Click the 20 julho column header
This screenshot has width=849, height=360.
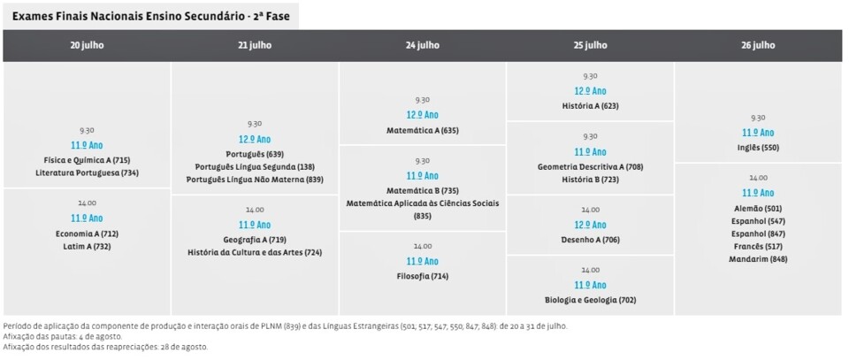(x=87, y=45)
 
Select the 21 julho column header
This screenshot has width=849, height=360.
(x=255, y=45)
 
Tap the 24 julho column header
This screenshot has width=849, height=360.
(x=422, y=45)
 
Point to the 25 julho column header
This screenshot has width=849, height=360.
(x=590, y=45)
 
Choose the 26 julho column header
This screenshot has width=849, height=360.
(x=758, y=45)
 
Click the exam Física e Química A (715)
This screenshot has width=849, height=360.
(x=87, y=160)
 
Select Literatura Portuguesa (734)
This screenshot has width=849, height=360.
(x=87, y=172)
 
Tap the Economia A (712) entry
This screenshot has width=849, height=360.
(x=87, y=234)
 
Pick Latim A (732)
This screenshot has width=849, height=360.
(x=87, y=247)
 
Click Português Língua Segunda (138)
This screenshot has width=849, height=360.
(x=255, y=166)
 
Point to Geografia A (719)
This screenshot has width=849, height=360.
(x=255, y=240)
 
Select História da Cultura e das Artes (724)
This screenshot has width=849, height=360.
(x=255, y=252)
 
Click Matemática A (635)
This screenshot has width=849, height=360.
(x=422, y=130)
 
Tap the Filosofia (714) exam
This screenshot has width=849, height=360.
(x=422, y=277)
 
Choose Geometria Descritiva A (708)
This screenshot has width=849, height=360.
(x=590, y=166)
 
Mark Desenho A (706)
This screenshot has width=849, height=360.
(x=590, y=240)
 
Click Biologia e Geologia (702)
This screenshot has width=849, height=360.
(x=590, y=300)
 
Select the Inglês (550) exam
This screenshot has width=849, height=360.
(x=758, y=148)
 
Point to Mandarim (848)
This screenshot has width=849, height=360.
(x=758, y=259)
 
